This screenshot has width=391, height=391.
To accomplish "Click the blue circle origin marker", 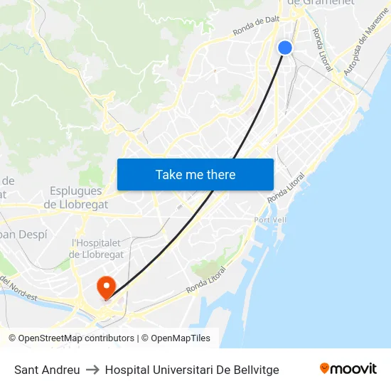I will (x=285, y=48).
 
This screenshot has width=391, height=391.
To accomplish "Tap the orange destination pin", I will (x=106, y=286).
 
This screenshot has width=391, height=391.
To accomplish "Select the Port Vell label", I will (x=270, y=220).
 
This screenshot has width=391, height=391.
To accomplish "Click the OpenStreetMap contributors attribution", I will (x=73, y=338).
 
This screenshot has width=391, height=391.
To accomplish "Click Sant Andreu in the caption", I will (x=47, y=370).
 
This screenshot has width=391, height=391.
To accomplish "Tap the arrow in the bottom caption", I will (x=92, y=370).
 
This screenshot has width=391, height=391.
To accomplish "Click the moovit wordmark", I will (x=353, y=369).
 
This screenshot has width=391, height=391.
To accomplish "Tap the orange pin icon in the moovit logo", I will (x=325, y=368).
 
